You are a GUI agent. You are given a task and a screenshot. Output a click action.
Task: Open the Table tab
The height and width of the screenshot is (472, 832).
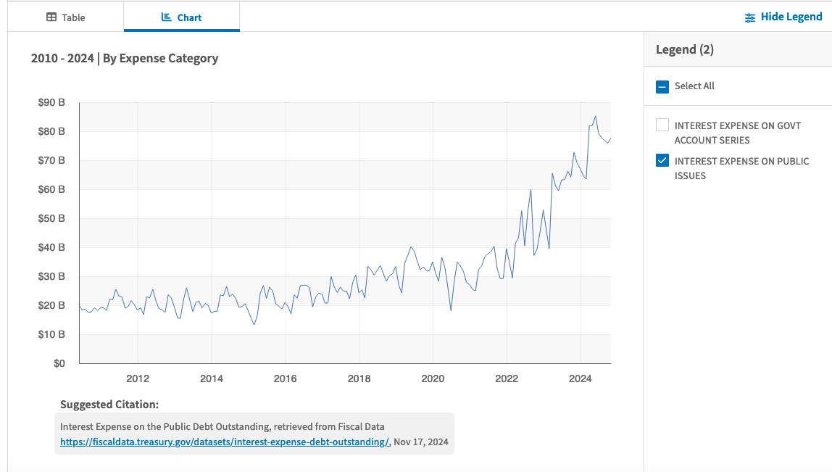point(66,17)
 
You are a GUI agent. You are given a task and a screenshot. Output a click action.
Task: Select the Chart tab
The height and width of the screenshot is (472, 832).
point(181,17)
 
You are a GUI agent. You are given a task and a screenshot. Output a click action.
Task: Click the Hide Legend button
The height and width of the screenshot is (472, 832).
point(783,17)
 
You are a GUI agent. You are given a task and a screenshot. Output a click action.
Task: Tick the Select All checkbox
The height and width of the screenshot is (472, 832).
point(662,86)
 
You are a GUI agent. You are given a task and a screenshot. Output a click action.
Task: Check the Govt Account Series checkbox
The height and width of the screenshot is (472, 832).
point(662,125)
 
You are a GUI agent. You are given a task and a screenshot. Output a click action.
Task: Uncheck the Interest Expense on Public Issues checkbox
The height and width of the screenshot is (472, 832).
point(662,160)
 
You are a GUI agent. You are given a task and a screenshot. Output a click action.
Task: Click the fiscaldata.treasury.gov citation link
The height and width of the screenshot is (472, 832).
point(225,442)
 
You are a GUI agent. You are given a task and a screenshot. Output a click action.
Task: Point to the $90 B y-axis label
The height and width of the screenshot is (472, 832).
point(51,102)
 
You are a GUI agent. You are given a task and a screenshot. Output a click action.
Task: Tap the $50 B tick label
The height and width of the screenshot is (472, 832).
point(51,218)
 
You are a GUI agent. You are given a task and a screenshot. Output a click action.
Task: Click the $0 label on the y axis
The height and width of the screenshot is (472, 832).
point(59,364)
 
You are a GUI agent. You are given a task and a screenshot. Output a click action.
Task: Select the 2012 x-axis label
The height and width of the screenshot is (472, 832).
point(138,378)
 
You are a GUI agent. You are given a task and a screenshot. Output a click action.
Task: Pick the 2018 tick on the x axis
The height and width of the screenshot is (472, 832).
point(359,378)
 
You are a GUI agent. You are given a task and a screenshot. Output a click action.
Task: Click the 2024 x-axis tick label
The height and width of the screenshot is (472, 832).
point(581,378)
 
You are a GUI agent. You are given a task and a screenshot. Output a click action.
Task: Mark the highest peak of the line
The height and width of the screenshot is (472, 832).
point(595,116)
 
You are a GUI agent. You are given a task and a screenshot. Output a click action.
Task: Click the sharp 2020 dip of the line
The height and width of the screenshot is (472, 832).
point(451,310)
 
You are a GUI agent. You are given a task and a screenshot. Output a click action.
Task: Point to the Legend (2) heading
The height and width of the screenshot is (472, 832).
point(684,49)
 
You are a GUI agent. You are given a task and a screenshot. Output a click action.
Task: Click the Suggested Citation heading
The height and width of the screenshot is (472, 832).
point(109,405)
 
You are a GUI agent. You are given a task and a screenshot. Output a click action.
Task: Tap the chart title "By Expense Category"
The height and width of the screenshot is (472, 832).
point(160,59)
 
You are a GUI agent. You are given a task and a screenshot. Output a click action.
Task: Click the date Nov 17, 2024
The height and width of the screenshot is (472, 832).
point(421,442)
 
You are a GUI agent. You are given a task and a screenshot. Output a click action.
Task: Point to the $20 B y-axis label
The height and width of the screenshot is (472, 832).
point(51,305)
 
